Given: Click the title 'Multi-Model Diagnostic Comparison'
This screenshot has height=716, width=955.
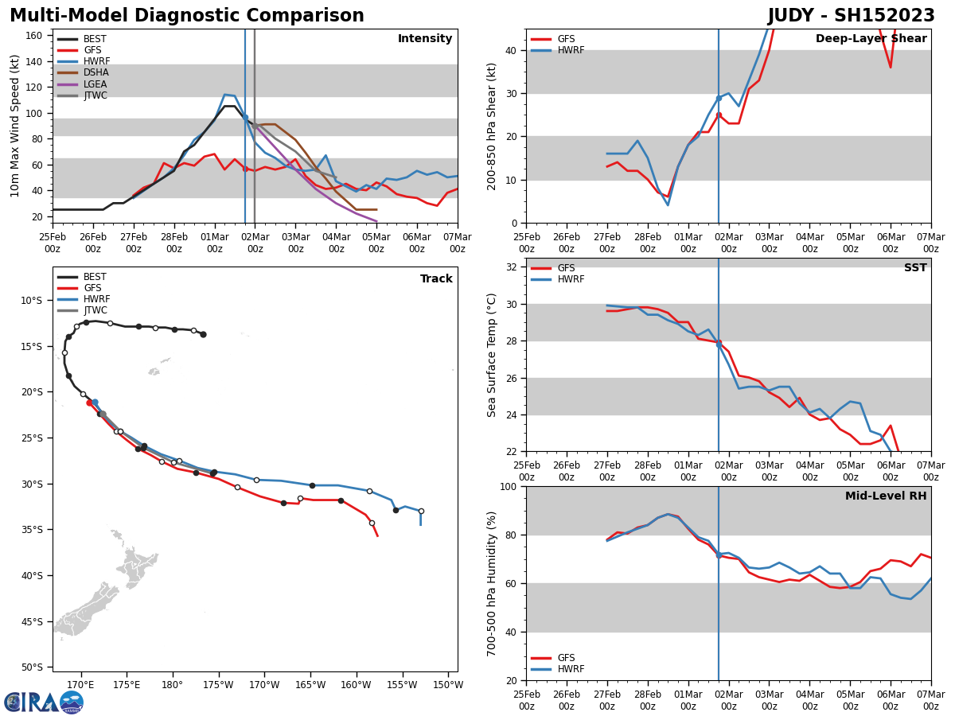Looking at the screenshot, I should [x=187, y=16].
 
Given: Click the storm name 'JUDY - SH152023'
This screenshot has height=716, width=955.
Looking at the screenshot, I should [x=851, y=16].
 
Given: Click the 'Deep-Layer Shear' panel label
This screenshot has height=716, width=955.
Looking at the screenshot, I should [x=871, y=39].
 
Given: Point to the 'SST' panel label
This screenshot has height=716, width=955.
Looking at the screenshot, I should [x=915, y=268].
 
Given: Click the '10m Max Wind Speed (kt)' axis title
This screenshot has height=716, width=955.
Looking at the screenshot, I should [x=15, y=126].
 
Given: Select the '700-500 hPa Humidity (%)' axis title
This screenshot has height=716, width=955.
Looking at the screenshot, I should [x=492, y=583].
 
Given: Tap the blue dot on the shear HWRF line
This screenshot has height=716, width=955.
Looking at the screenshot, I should [x=719, y=99].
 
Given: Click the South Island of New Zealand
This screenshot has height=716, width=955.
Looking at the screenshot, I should [x=88, y=609].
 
